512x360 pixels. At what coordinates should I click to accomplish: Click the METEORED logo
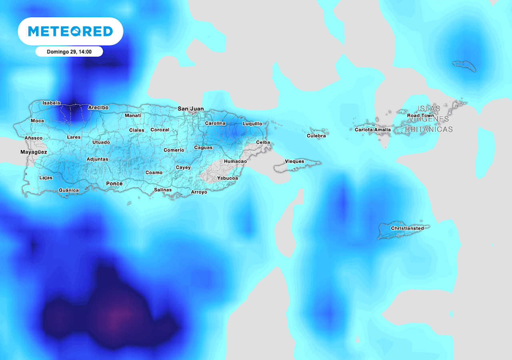70,31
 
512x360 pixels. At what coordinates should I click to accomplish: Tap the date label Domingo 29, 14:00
69,52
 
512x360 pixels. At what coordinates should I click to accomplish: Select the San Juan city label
191,109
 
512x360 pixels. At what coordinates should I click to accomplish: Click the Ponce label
114,184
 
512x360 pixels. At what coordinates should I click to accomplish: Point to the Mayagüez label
34,152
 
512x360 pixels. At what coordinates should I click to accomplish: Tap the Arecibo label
98,108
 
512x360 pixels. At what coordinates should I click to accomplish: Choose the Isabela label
51,103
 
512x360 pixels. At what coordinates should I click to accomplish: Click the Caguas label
203,148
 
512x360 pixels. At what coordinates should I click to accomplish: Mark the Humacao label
235,161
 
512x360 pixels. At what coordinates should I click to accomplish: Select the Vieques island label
294,162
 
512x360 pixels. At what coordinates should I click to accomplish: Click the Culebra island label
316,136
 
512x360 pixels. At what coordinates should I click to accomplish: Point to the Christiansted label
407,228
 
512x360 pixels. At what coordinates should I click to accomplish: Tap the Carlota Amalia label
373,130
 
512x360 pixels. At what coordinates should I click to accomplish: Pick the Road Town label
420,116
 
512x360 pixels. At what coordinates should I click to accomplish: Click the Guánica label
69,190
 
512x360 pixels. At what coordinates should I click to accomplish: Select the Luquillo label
252,124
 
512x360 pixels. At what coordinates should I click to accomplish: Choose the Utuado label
101,142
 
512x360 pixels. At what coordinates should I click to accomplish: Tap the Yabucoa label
228,178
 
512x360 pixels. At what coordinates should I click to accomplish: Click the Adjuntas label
97,159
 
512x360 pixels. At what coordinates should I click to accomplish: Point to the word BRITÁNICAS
429,130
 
